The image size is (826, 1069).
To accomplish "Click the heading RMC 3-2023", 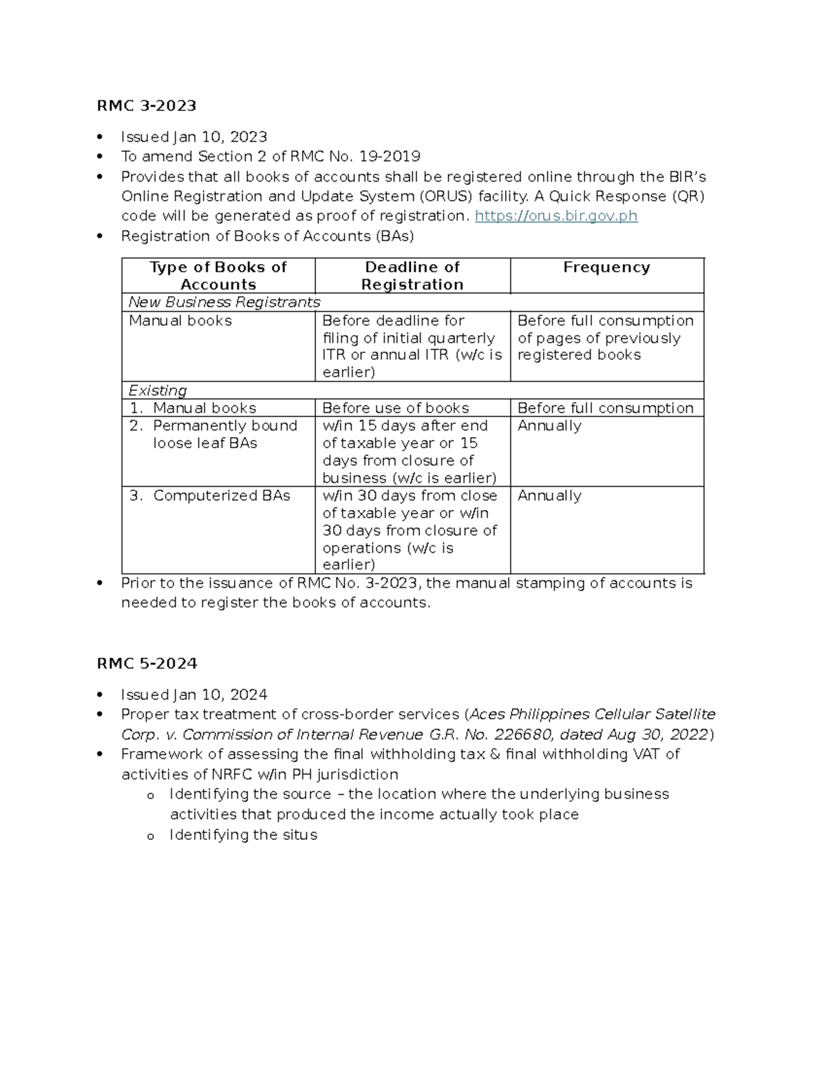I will click(147, 105).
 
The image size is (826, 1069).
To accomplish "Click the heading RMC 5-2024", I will click(147, 663).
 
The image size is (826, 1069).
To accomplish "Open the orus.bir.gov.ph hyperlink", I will click(556, 215).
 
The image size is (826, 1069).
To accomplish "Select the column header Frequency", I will click(606, 267).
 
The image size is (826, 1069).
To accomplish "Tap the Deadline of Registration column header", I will click(412, 275).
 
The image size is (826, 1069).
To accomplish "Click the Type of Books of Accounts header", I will click(218, 275).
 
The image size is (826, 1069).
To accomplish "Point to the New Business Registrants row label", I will click(224, 302).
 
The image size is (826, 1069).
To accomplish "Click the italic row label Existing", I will click(158, 390).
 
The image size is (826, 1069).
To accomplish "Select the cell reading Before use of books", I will click(395, 408).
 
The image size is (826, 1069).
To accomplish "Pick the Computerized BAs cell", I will click(221, 496).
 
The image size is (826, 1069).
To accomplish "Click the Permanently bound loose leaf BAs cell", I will click(224, 434).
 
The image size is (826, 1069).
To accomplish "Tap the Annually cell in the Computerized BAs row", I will click(549, 496).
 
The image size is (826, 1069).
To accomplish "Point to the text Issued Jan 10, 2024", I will click(194, 695).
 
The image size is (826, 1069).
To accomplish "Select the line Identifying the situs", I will click(243, 835).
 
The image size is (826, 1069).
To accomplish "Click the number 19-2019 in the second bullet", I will click(394, 156).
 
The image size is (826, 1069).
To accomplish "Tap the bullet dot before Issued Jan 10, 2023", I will click(101, 137).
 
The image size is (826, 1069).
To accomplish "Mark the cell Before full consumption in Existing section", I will click(605, 408).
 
